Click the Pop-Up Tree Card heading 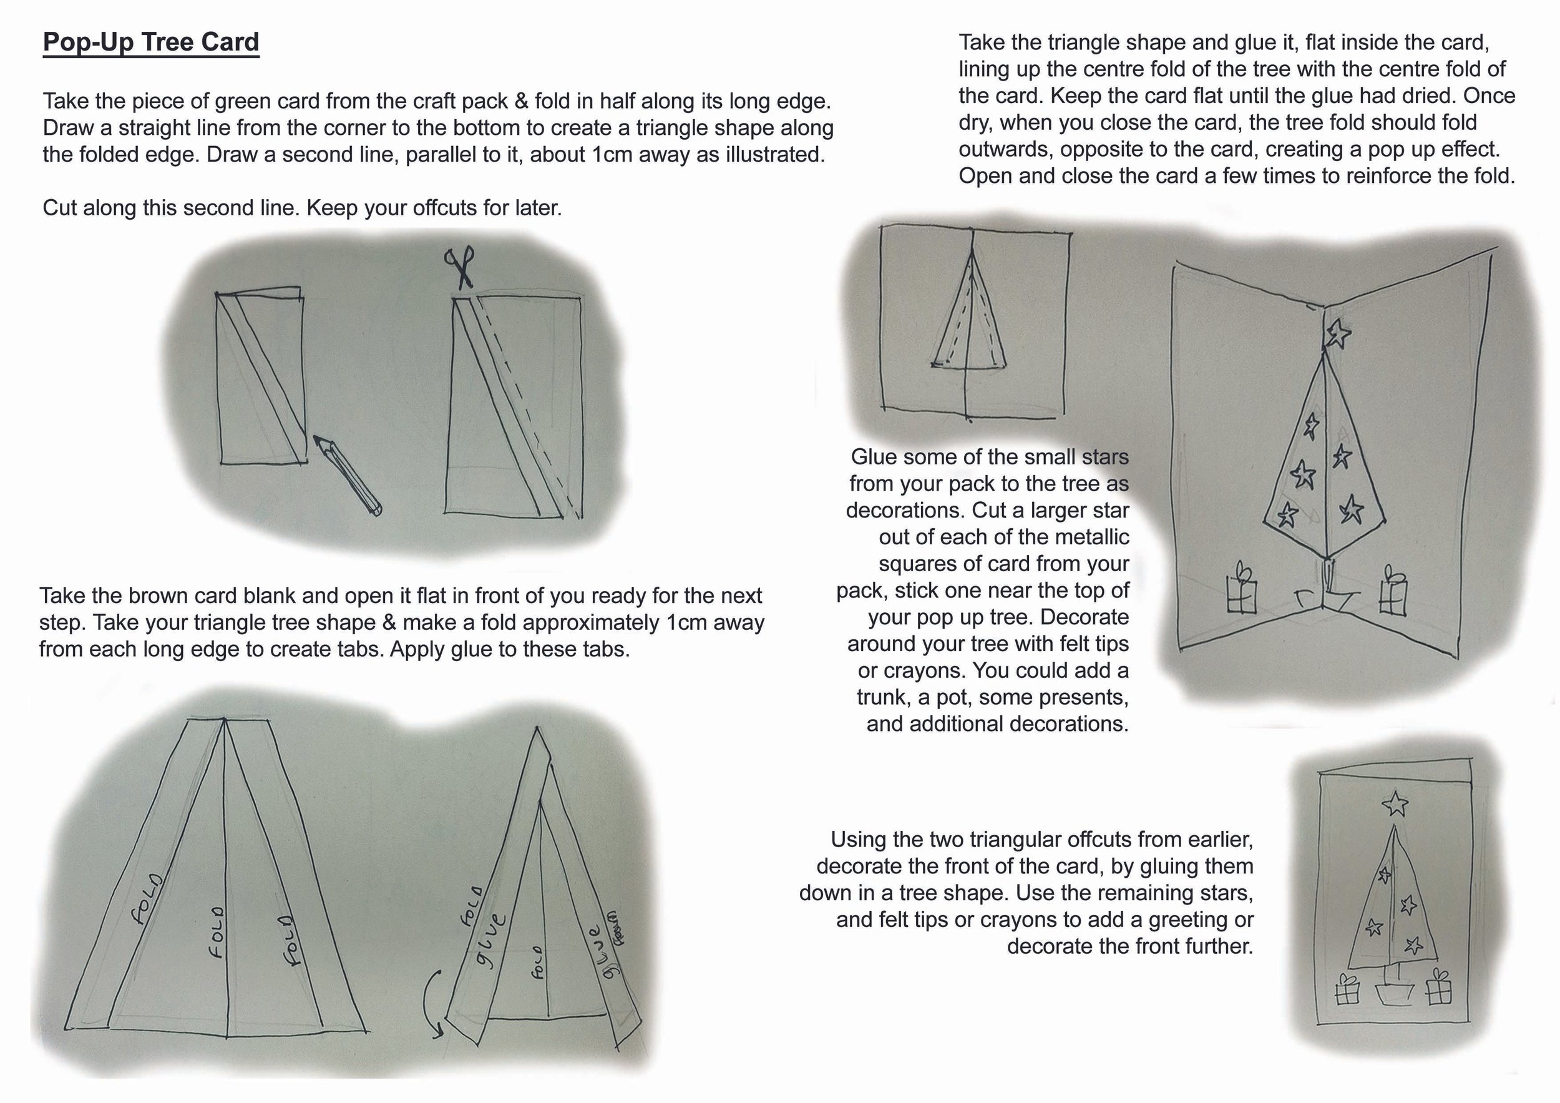pos(151,42)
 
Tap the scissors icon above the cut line pos(460,267)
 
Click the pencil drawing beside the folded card pos(347,475)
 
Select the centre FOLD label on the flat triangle pos(217,932)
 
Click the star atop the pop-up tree pos(1338,333)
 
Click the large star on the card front pos(1395,804)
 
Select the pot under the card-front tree pos(1393,993)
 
